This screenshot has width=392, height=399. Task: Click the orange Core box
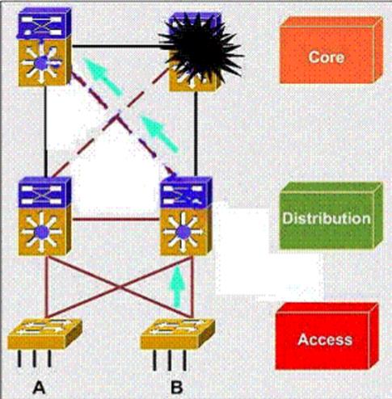(x=331, y=50)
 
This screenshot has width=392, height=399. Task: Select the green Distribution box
(x=331, y=216)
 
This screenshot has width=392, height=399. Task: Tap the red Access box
(x=327, y=336)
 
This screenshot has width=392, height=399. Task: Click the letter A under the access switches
(x=39, y=388)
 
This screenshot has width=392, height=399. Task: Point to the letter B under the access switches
(x=177, y=388)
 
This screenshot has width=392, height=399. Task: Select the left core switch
(x=44, y=47)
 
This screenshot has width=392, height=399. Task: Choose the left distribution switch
(x=44, y=216)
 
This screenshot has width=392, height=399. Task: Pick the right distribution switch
(x=186, y=216)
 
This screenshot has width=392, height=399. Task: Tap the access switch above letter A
(x=44, y=334)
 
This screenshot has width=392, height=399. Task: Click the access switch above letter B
(x=178, y=334)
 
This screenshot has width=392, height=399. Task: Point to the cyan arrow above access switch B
(x=177, y=287)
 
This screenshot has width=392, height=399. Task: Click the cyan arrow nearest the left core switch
(x=103, y=76)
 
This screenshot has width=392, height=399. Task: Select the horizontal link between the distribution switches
(x=116, y=219)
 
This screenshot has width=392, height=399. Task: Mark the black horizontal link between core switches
(x=116, y=46)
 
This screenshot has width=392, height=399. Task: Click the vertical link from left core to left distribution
(x=46, y=132)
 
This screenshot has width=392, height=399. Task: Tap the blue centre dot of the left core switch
(x=42, y=63)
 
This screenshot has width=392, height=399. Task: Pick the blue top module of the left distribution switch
(x=44, y=191)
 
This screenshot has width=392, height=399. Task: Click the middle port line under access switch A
(x=34, y=358)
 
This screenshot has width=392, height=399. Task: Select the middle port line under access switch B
(x=170, y=359)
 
